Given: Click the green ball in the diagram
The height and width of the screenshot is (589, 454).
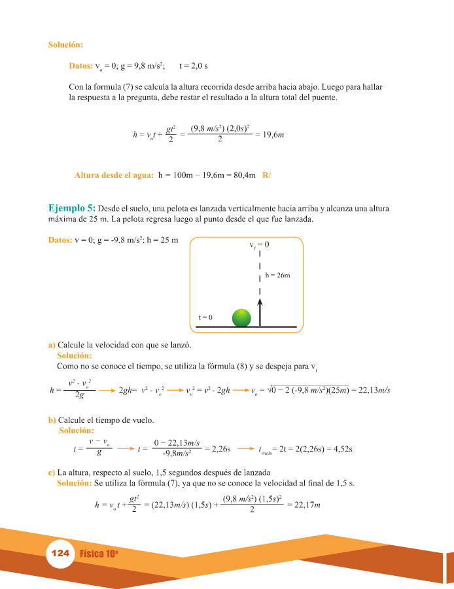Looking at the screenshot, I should (x=241, y=317).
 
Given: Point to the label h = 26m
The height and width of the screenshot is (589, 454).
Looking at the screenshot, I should (x=277, y=276).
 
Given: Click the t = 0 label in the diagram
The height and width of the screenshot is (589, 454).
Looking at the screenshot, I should (x=205, y=317).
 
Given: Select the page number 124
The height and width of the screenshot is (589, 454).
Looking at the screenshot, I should (x=60, y=553).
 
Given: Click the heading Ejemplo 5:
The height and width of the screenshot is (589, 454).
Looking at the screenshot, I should (x=72, y=208).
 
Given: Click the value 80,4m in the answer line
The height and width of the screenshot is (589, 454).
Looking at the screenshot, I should (x=239, y=175).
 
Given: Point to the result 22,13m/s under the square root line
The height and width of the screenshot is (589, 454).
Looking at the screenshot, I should (x=371, y=390).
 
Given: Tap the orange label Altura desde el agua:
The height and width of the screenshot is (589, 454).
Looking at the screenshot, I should (x=114, y=175).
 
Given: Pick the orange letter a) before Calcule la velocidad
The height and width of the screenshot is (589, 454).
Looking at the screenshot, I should (x=52, y=345).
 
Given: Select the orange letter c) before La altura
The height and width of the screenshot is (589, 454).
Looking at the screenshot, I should (x=52, y=473).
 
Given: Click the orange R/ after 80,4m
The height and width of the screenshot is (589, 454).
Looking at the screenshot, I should (x=266, y=175).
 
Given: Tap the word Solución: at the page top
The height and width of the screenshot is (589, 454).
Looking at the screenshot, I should (x=65, y=45).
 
